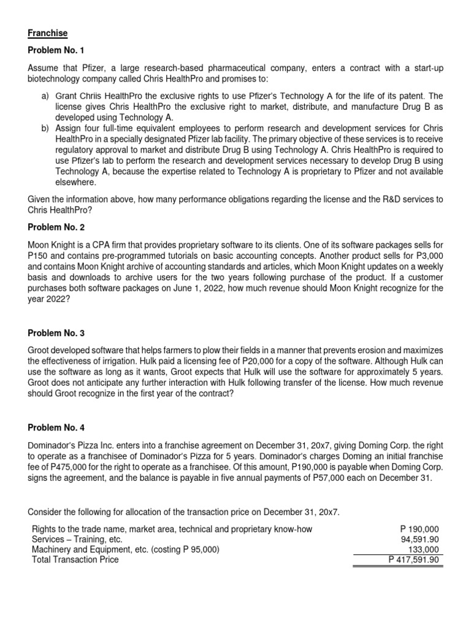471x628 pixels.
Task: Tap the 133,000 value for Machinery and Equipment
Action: point(424,549)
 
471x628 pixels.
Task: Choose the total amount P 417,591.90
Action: point(415,559)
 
